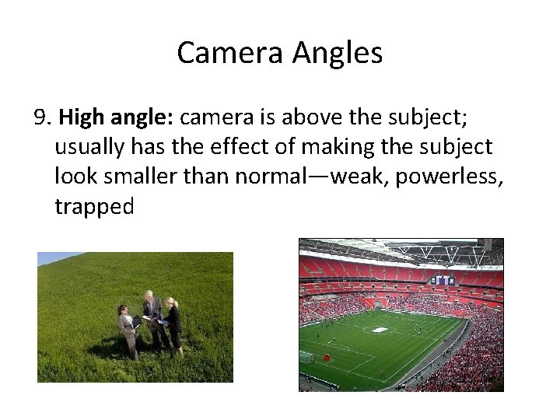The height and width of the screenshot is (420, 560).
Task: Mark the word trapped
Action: [x=94, y=206]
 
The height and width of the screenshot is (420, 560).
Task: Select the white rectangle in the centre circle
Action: [x=379, y=330]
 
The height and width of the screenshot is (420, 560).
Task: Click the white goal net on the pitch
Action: [x=307, y=357]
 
